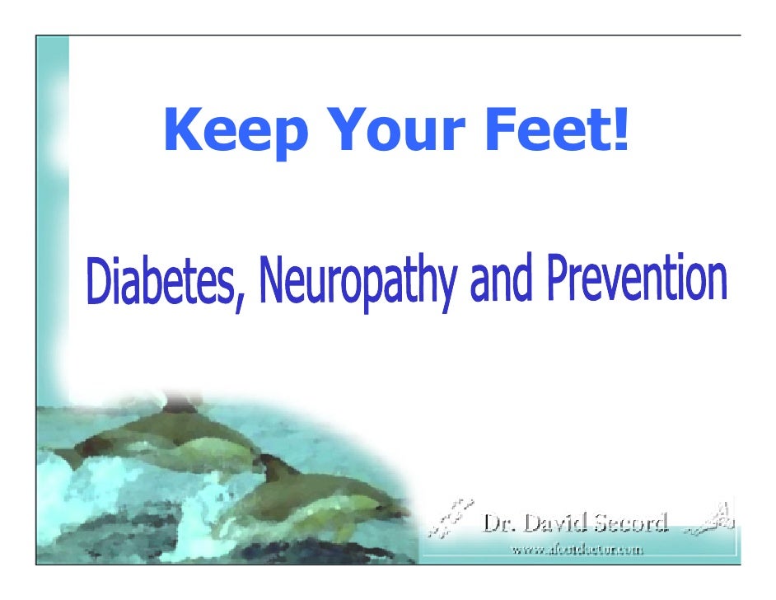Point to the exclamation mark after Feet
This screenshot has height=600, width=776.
point(619,130)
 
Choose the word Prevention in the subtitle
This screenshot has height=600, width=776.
point(638,278)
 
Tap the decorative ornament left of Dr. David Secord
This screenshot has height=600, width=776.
point(451,519)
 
